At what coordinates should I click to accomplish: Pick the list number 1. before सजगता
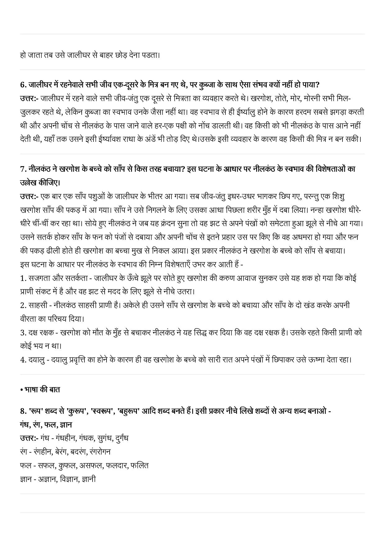point(23,278)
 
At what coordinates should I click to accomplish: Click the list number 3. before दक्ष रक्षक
point(23,333)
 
